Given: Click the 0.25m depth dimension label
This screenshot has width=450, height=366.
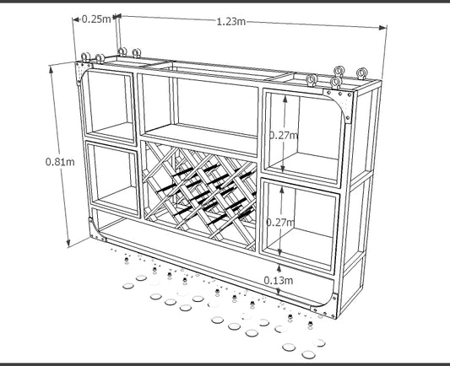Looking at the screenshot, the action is pyautogui.click(x=96, y=19).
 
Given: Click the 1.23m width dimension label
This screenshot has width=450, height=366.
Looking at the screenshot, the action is pyautogui.click(x=230, y=21).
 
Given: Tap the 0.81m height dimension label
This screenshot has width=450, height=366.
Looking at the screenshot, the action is pyautogui.click(x=60, y=162).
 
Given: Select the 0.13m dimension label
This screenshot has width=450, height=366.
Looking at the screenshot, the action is pyautogui.click(x=279, y=280).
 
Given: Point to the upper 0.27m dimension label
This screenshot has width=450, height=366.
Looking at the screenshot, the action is pyautogui.click(x=284, y=135).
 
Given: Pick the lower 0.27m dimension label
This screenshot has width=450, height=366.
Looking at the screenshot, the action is pyautogui.click(x=280, y=222).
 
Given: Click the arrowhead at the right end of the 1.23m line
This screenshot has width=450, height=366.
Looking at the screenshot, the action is pyautogui.click(x=383, y=28).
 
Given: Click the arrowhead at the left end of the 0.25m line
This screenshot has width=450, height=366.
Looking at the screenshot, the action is pyautogui.click(x=76, y=19).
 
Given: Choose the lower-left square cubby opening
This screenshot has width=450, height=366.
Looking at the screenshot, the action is pyautogui.click(x=114, y=179).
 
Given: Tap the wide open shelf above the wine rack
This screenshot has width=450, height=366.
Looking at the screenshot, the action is pyautogui.click(x=201, y=109).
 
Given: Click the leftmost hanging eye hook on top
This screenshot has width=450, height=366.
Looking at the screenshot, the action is pyautogui.click(x=85, y=57).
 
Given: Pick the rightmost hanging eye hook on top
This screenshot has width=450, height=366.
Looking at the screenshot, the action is pyautogui.click(x=362, y=73).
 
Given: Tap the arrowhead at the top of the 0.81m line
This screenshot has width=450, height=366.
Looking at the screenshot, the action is pyautogui.click(x=52, y=70).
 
